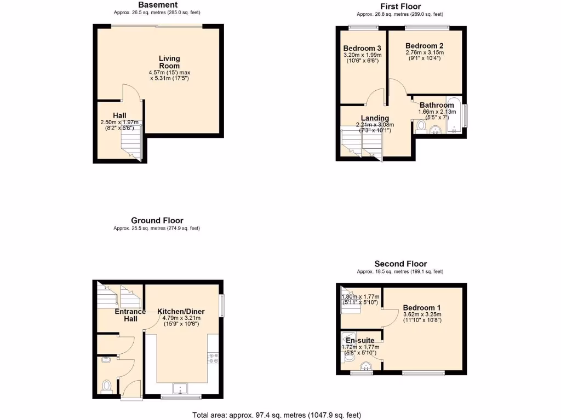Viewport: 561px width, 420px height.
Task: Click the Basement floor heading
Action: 157,5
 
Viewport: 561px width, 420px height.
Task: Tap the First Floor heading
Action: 400,7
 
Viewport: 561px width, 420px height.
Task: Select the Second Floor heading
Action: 400,264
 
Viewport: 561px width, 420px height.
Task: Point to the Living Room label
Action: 169,62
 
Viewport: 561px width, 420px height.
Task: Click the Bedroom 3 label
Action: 362,48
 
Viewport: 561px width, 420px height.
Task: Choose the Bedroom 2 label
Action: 425,46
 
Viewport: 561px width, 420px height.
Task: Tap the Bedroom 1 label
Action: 422,307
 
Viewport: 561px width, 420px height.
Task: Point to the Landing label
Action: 375,118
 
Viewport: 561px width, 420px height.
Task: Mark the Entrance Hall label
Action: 130,315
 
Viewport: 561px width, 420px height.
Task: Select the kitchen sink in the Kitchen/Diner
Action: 180,389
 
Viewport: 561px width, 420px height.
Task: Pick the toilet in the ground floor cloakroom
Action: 107,387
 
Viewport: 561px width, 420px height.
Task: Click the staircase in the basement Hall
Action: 131,143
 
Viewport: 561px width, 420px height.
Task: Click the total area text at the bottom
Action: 277,415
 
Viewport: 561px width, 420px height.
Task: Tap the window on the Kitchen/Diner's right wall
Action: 222,306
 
